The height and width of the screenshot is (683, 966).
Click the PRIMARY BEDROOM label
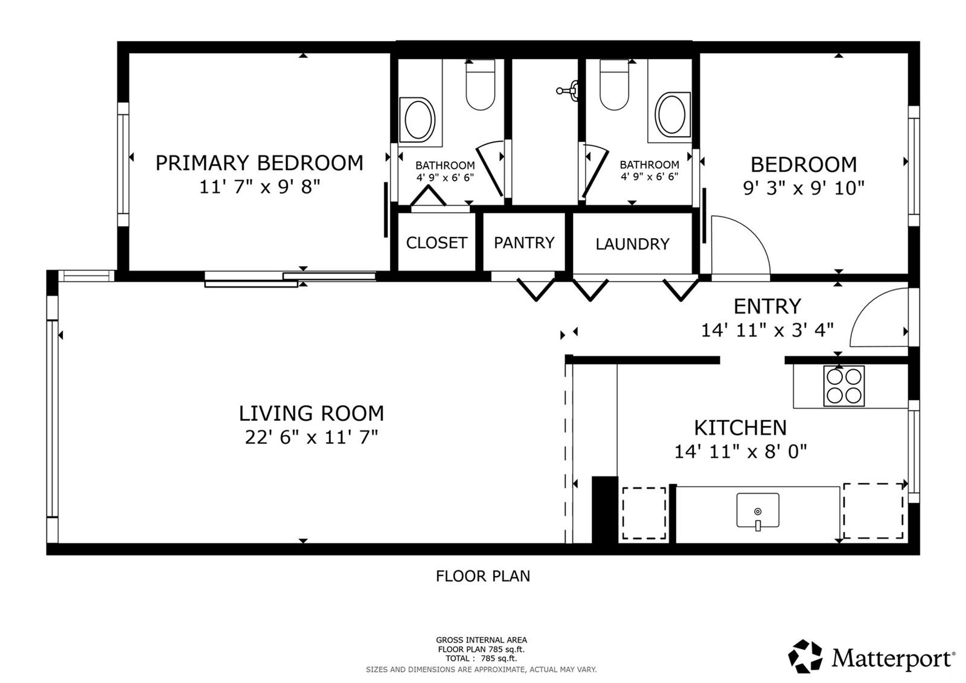259,163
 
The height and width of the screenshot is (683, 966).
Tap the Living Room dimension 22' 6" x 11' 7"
312,437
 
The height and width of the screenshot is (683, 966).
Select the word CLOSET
437,242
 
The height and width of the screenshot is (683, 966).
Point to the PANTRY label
524,242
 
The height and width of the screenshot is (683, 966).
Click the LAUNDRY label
632,244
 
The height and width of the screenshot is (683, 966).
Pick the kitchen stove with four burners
844,386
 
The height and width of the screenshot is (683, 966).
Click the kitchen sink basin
758,510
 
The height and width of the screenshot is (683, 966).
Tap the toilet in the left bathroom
481,85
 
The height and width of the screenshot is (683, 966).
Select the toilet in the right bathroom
615,85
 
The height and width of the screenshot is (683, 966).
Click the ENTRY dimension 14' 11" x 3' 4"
767,330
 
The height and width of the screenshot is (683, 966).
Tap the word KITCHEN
740,428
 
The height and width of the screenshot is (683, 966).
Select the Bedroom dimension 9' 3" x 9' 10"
804,188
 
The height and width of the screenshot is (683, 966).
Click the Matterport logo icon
805,656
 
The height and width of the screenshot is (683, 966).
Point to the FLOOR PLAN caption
482,576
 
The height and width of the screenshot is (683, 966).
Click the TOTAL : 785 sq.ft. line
481,658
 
